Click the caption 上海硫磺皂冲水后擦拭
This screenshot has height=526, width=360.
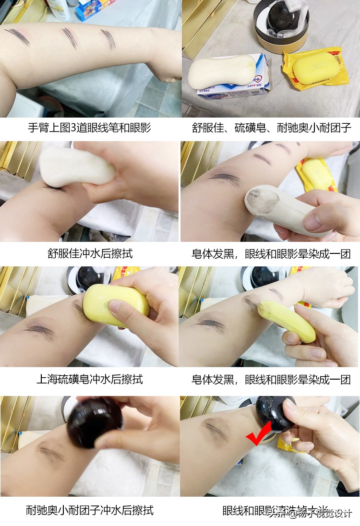click(90, 379)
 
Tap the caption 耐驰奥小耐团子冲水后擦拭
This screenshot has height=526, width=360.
click(90, 510)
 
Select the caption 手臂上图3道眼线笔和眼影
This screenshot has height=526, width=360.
click(90, 128)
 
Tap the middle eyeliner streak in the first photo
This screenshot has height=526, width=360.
click(70, 37)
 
